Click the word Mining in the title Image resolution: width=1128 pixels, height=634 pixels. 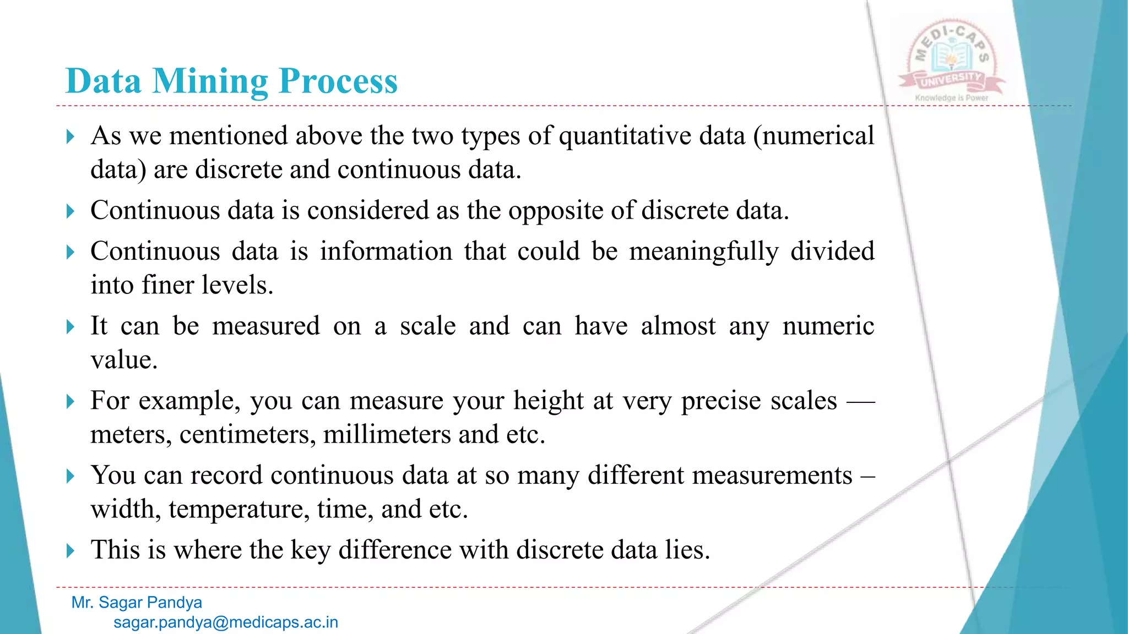pos(210,81)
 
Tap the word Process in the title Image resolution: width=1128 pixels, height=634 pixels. pos(338,81)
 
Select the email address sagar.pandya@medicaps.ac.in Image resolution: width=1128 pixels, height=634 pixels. pos(226,622)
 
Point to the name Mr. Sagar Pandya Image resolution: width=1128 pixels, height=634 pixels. pos(137,603)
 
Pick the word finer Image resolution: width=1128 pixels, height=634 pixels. pos(167,285)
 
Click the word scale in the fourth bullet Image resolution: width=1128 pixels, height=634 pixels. pos(428,326)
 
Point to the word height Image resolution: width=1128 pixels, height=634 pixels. pos(548,400)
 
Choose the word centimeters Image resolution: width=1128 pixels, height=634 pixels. pos(247,435)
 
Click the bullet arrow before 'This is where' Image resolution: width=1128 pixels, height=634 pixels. pos(70,550)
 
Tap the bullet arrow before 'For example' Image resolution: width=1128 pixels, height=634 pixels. pos(70,401)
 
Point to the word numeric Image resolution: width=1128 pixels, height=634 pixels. pos(828,326)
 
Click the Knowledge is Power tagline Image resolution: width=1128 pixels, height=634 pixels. pos(952,98)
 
